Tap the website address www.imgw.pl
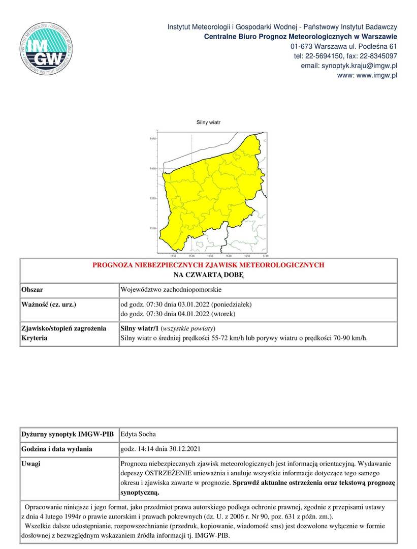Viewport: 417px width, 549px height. click(x=377, y=76)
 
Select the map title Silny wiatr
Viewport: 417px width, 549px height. click(x=208, y=123)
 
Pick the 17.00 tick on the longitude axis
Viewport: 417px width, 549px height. click(x=265, y=256)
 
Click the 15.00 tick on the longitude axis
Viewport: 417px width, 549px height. click(x=191, y=256)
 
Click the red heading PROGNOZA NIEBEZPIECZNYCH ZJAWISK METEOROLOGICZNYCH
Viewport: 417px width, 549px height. click(x=208, y=265)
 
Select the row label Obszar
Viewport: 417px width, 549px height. click(x=32, y=289)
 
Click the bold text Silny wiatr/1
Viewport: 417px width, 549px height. click(x=139, y=328)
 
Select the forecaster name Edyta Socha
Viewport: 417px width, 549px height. click(x=138, y=435)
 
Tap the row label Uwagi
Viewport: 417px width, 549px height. click(x=31, y=464)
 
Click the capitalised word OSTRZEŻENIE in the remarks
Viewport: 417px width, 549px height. click(x=169, y=473)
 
